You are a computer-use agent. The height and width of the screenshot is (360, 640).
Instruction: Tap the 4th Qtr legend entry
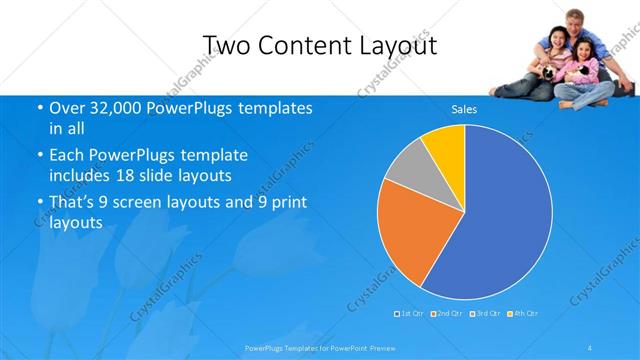523,314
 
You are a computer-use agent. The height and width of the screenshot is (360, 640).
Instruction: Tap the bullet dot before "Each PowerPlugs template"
39,157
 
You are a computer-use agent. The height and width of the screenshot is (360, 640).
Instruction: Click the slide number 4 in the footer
591,347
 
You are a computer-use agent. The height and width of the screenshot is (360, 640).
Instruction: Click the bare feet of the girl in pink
570,103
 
